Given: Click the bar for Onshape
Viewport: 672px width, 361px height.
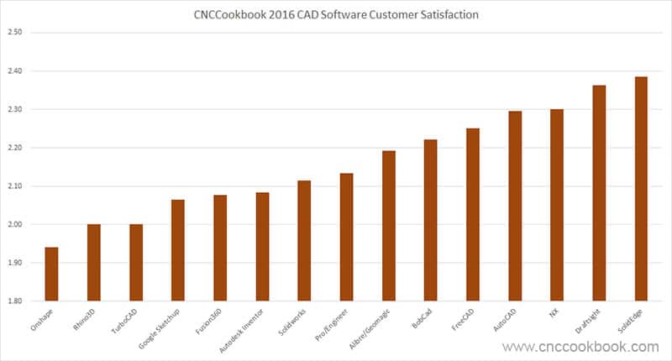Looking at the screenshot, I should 51,274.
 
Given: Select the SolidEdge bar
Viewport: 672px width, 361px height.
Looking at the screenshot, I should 641,189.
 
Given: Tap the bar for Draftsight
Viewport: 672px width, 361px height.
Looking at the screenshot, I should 599,193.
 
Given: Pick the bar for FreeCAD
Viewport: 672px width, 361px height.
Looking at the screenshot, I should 473,215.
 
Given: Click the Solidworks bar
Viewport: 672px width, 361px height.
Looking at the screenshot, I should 304,241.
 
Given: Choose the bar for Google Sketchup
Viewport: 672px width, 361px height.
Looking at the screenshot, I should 178,250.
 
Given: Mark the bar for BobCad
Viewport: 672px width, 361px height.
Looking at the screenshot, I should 430,220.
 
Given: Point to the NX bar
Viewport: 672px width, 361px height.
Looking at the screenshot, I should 556,205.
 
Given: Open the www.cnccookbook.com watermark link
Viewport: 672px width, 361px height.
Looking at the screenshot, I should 580,347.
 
